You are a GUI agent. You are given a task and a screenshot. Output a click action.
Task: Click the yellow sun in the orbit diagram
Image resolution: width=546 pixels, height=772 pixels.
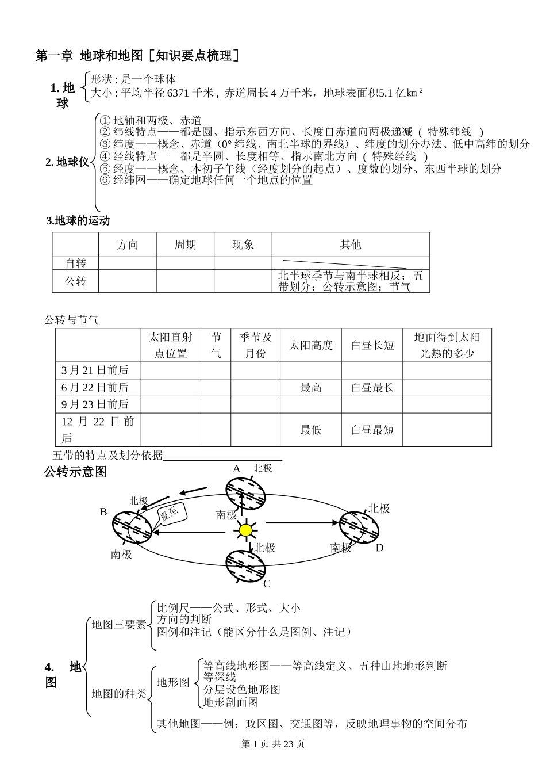245,530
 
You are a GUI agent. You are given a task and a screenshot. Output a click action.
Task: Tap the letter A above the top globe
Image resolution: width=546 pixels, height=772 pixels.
236,469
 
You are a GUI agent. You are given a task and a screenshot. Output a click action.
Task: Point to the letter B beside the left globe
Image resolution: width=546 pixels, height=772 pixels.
103,511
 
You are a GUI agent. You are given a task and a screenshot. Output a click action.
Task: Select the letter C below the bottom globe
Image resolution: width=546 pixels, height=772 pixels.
267,584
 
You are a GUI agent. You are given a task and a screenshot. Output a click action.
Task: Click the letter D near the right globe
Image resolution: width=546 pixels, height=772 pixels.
379,548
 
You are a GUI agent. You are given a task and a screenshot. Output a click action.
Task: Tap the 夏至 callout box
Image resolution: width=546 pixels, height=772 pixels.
170,511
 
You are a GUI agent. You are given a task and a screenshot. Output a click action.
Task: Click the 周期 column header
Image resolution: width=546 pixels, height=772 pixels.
185,245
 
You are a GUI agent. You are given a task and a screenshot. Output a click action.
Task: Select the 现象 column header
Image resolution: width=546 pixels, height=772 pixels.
243,245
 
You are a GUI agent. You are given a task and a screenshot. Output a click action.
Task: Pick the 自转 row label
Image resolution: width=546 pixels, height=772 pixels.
75,263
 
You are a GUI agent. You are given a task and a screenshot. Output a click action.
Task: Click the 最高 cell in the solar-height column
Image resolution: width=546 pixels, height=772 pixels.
310,388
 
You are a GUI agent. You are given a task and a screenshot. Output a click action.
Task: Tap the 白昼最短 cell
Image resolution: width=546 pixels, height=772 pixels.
372,430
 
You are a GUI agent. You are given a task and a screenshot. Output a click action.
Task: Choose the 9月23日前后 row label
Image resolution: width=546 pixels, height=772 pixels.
95,404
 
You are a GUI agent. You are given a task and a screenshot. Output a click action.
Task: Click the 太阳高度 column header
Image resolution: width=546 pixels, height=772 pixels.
310,345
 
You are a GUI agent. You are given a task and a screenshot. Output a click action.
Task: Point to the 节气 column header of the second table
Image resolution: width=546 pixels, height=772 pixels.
216,345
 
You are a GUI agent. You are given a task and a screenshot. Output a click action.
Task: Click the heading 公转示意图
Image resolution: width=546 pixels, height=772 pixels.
75,472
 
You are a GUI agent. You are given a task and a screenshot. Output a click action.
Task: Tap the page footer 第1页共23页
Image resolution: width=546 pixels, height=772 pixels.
272,744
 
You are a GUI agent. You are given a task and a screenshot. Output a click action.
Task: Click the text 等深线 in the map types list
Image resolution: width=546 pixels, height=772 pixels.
219,677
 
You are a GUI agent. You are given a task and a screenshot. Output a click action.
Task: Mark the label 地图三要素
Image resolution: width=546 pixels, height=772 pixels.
119,625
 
